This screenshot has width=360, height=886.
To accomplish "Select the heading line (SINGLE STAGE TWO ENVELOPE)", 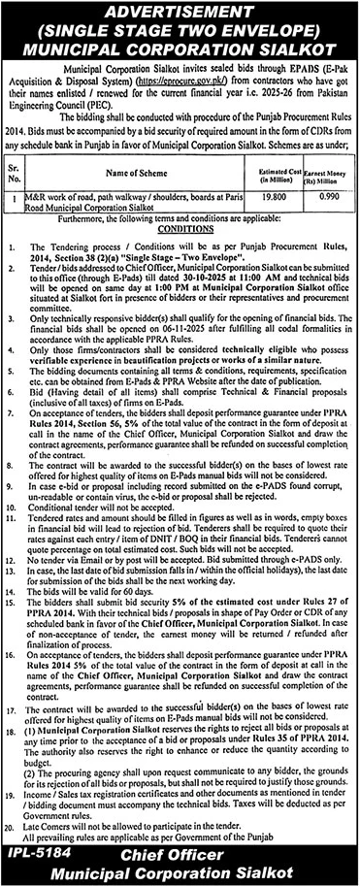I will coord(180,30).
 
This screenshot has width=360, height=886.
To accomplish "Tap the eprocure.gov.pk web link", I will coord(194,83).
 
